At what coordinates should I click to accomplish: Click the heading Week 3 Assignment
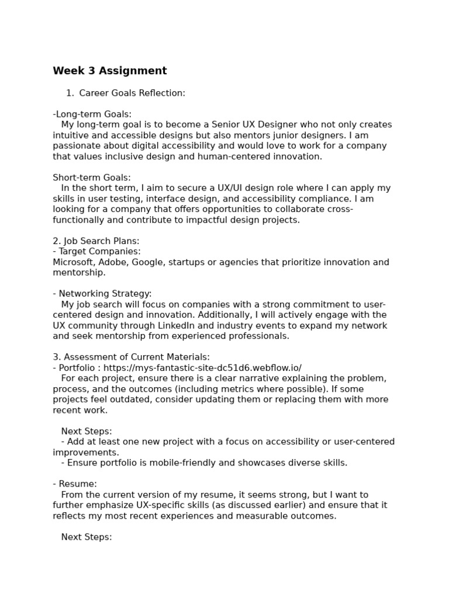pos(110,71)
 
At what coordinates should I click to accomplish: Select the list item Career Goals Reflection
pos(132,93)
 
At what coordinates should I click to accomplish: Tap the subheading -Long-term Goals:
pos(92,114)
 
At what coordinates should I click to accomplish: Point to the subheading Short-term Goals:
pos(92,178)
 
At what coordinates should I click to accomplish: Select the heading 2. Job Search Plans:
pos(96,241)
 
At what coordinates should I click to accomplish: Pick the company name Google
pos(147,262)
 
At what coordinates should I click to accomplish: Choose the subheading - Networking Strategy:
pos(102,294)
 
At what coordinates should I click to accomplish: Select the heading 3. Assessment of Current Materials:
pos(132,357)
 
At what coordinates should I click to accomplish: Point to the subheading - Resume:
pos(75,484)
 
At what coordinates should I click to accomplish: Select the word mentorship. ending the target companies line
pos(80,273)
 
